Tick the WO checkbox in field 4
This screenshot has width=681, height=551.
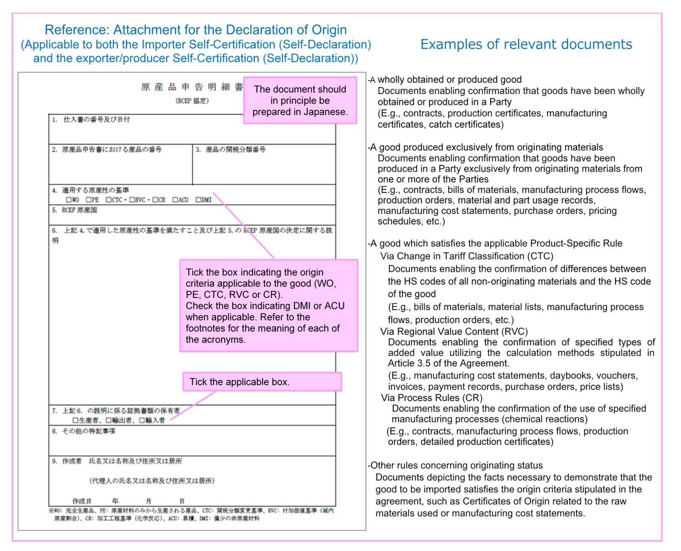(69, 200)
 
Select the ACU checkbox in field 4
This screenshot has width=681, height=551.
(175, 200)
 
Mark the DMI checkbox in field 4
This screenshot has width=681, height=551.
(198, 200)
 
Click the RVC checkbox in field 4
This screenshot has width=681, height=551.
(132, 200)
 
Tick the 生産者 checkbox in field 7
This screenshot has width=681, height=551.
(76, 420)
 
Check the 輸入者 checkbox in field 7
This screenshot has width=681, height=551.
(142, 420)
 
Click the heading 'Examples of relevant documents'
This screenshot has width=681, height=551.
(526, 45)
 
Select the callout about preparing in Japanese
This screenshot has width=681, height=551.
(300, 101)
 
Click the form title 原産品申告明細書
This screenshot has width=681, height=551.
(192, 87)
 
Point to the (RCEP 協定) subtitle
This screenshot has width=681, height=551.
(192, 101)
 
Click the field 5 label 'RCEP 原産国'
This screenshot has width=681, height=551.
(79, 210)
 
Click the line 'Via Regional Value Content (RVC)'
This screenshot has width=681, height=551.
(454, 331)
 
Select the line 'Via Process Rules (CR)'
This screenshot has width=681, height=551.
(431, 398)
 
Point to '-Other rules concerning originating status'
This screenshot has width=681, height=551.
(455, 465)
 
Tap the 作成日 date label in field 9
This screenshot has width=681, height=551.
(82, 501)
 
